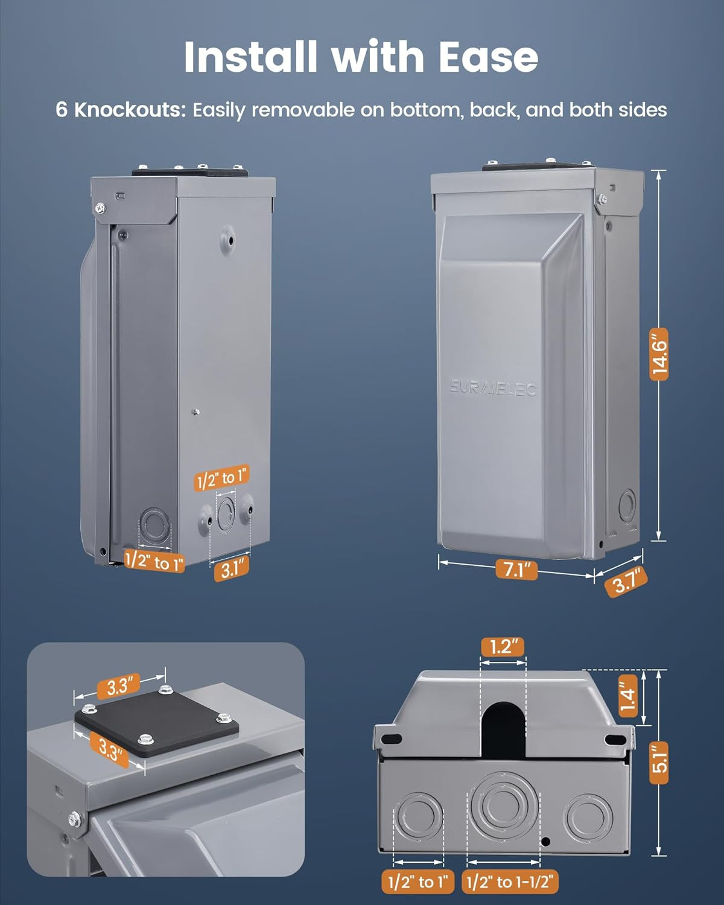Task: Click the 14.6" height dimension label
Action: point(659,354)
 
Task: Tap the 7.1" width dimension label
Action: point(516,569)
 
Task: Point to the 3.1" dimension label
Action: point(231,569)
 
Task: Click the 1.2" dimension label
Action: point(503,646)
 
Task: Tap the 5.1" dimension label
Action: point(659,763)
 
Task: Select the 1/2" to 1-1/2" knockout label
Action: point(510,881)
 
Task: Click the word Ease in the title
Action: point(489,57)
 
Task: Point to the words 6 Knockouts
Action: point(121,110)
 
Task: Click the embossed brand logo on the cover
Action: point(493,387)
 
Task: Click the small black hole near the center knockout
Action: point(545,841)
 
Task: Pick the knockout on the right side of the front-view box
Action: point(627,506)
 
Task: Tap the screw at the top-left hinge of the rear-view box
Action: point(100,208)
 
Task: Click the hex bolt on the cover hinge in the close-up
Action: point(75,819)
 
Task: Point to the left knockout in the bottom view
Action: point(419,816)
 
